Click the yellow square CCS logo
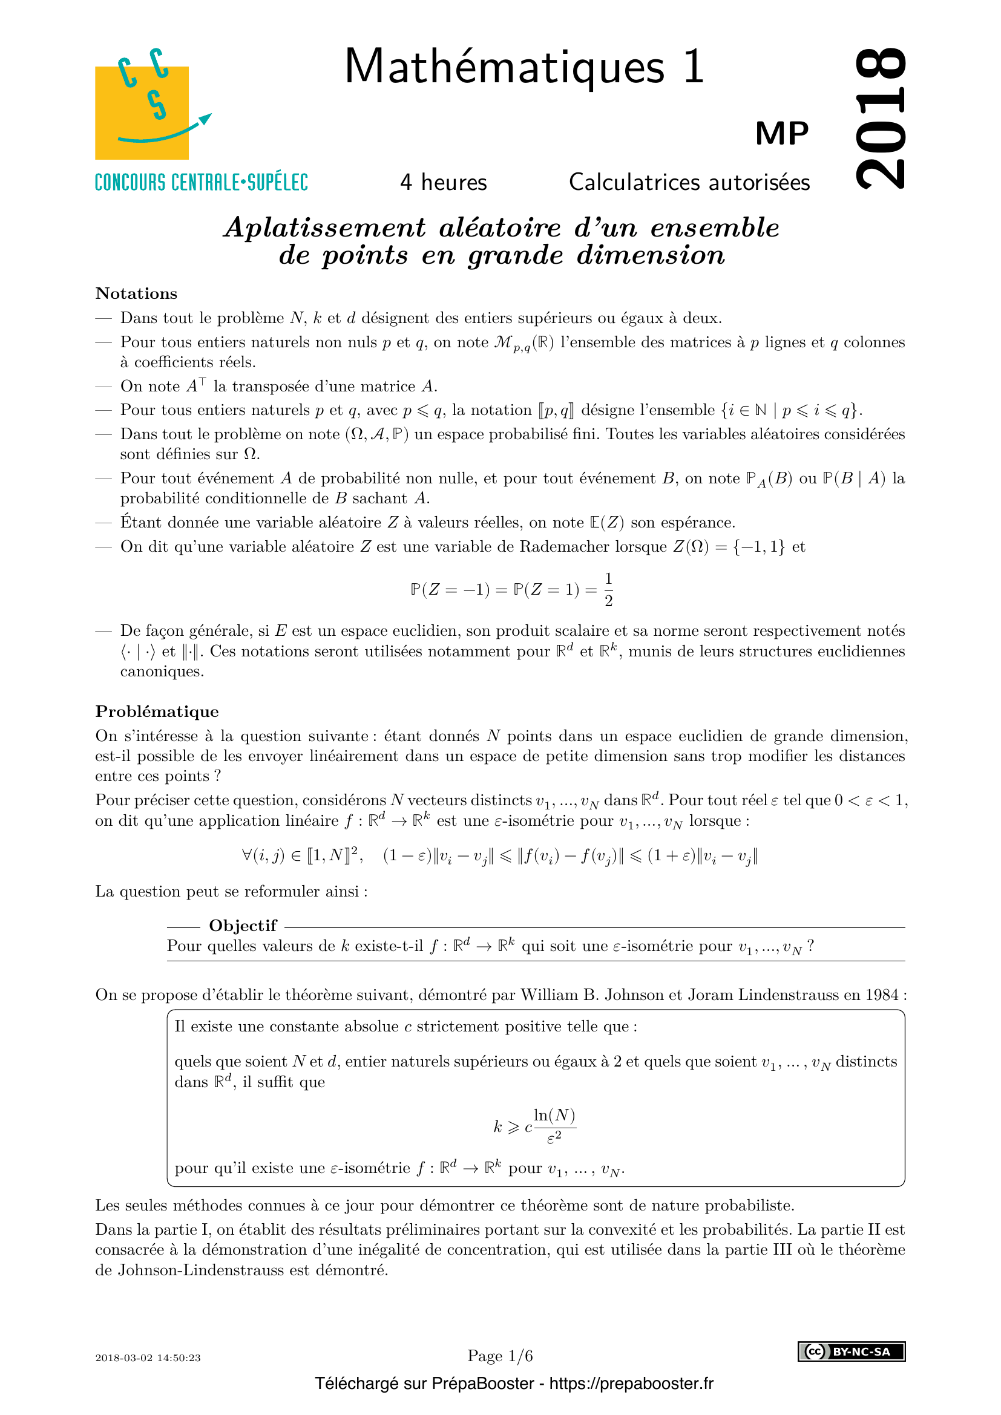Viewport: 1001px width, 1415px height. tap(142, 112)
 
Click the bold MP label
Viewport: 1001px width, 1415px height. tap(781, 133)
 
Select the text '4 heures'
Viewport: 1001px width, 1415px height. tap(443, 183)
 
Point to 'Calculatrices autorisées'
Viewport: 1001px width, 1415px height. tap(689, 183)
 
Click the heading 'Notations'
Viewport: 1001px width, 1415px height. tap(136, 293)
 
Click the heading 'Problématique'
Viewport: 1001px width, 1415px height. tap(157, 711)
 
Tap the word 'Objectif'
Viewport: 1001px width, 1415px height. tap(243, 925)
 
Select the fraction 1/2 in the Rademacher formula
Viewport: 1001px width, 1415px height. tap(608, 590)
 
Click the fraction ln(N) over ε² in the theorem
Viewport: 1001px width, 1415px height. tap(554, 1126)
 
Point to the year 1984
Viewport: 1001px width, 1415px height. tap(881, 995)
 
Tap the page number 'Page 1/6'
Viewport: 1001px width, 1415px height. tap(500, 1356)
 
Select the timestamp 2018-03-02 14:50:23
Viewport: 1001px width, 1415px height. tap(148, 1358)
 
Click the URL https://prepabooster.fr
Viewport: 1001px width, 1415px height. tap(631, 1384)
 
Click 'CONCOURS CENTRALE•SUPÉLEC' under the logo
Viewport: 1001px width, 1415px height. tap(201, 183)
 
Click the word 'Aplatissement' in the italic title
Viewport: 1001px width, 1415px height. tap(325, 227)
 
